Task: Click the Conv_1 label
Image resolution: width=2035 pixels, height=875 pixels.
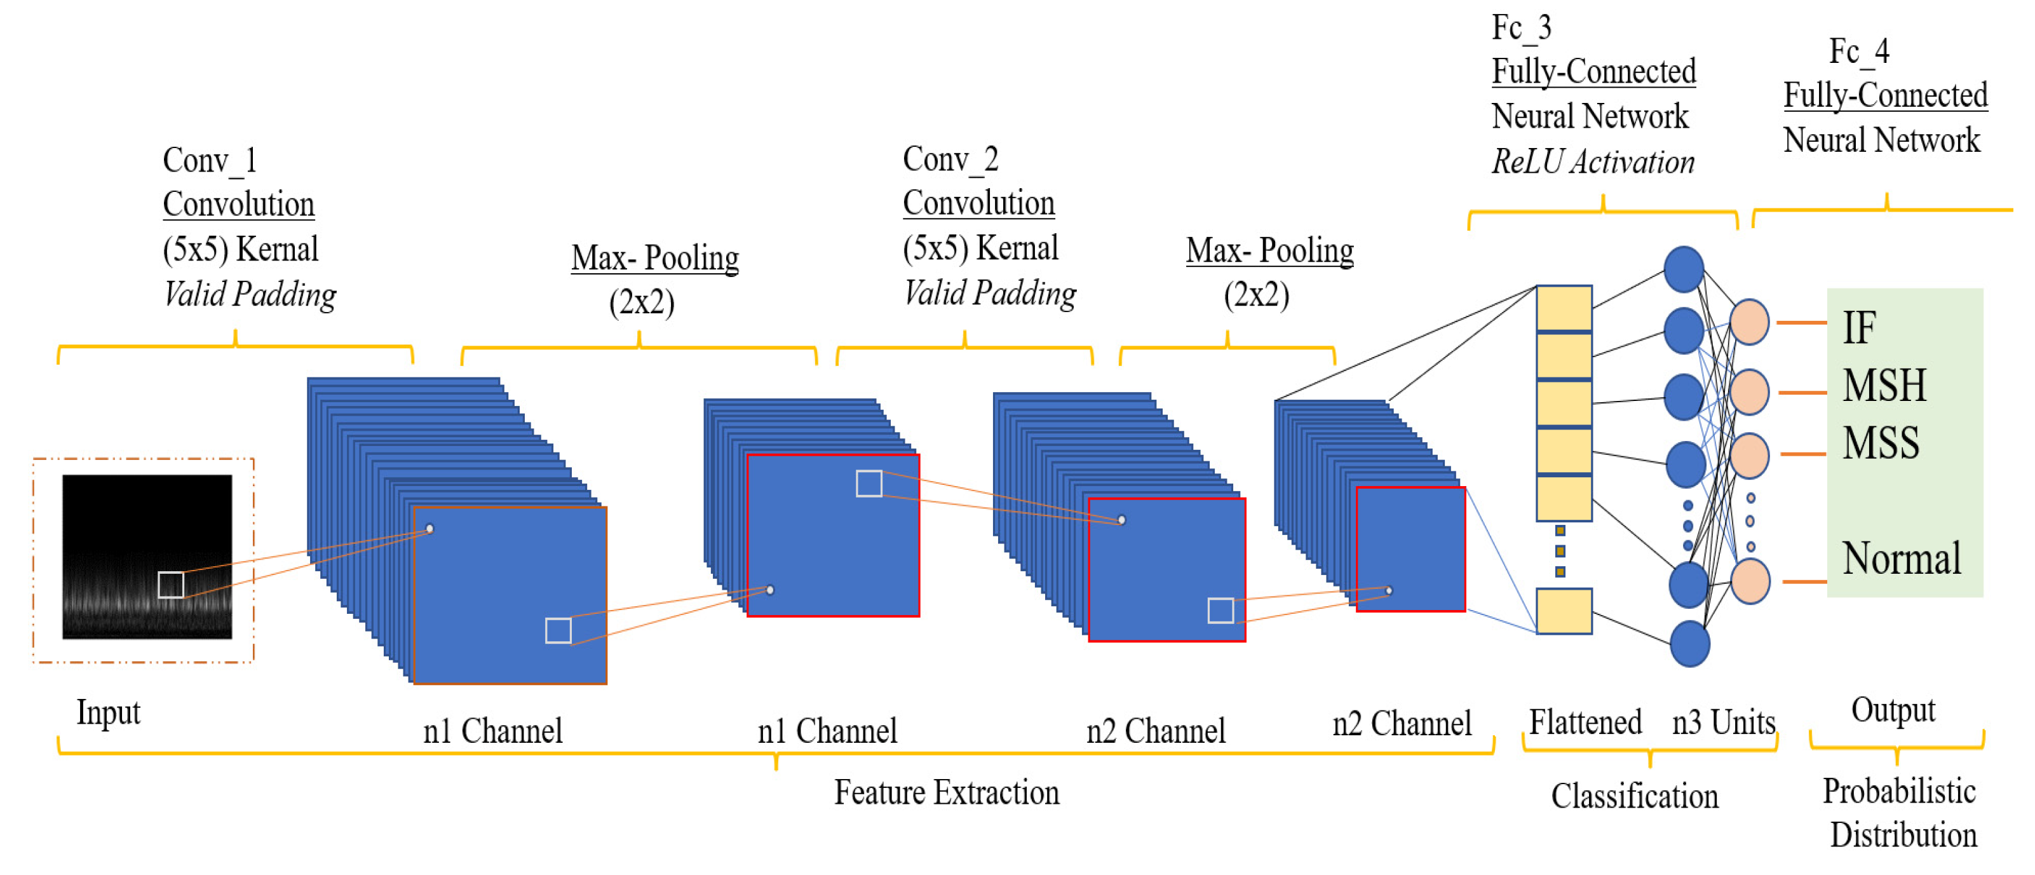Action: coord(210,161)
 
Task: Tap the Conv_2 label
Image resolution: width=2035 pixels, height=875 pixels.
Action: coord(950,159)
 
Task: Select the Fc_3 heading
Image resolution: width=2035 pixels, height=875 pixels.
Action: coord(1521,29)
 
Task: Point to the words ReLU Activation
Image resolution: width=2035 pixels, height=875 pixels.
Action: coord(1593,162)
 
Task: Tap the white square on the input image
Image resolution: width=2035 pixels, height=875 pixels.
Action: coord(171,585)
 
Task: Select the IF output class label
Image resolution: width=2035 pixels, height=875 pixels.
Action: coord(1859,328)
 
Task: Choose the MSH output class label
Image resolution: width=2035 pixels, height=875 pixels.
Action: coord(1884,386)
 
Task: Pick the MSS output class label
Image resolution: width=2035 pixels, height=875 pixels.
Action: coord(1880,443)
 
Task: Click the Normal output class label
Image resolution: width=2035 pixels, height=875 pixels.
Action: coord(1902,559)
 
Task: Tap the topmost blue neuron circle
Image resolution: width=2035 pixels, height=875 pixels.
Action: coord(1684,269)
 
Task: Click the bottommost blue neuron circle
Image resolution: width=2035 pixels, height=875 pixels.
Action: coord(1690,644)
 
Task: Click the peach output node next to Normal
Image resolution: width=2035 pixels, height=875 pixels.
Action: coord(1750,581)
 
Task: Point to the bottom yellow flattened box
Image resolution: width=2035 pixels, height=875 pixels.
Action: coord(1564,610)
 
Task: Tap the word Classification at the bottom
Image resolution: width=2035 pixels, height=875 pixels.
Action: coord(1635,796)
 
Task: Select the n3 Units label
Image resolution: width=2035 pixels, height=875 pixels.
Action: coord(1723,722)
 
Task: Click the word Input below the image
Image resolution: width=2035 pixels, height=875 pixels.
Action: coord(108,712)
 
